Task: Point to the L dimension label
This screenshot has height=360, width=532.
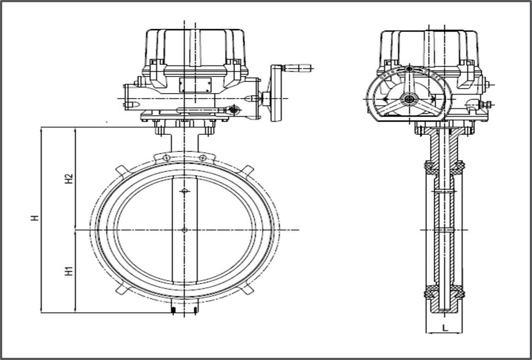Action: point(445,327)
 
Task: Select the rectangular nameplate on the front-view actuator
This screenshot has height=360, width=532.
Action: point(195,84)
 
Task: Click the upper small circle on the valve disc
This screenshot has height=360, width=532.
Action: point(184,192)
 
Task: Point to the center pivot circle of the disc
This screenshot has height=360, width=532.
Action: point(184,230)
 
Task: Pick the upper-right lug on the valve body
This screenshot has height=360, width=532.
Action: point(248,170)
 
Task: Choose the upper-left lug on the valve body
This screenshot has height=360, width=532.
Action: point(120,170)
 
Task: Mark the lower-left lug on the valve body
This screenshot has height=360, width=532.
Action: point(120,289)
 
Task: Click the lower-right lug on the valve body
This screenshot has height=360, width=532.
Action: point(248,289)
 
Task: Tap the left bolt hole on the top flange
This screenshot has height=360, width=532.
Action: point(166,159)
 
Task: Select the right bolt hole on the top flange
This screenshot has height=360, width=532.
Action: point(203,159)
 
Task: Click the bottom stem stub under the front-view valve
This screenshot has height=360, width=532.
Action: point(184,309)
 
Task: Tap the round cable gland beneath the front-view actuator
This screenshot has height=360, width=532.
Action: point(234,110)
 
